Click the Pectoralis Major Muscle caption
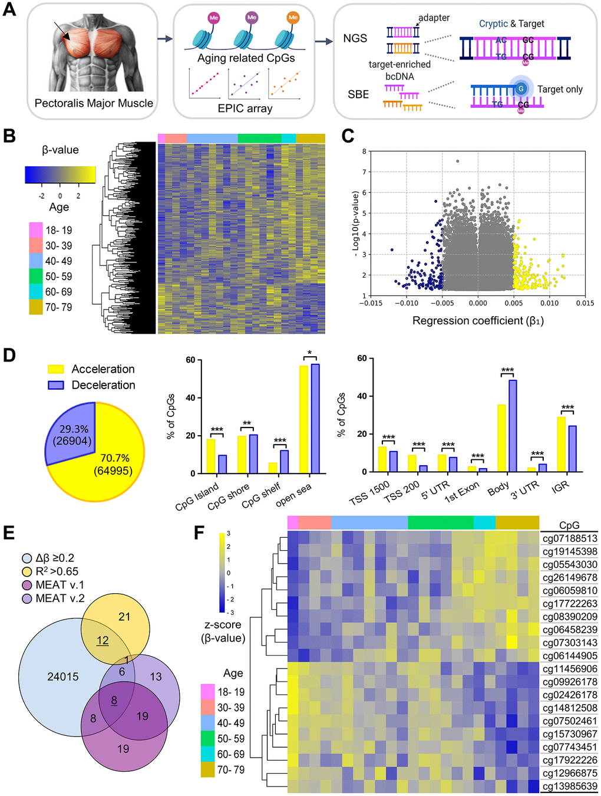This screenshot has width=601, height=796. point(94,103)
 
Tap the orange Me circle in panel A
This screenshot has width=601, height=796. point(293,18)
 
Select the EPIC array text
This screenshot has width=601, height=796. point(245,108)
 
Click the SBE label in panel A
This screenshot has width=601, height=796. point(358,94)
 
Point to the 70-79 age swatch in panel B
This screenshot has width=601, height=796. point(35,307)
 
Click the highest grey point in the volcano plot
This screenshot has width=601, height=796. point(457,161)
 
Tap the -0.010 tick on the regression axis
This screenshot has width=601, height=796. point(407,303)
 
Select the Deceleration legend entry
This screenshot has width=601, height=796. point(103,385)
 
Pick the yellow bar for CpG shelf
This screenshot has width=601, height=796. point(273,468)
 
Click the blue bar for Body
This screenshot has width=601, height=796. point(513,426)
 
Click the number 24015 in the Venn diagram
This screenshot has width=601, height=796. point(63,677)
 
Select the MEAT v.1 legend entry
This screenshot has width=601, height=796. point(60,585)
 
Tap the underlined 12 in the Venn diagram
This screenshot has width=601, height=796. point(103,641)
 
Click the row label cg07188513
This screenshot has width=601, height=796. point(570,538)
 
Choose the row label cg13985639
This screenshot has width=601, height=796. point(570,786)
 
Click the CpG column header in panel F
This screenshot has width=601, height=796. point(569,525)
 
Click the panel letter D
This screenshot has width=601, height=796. point(9,355)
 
